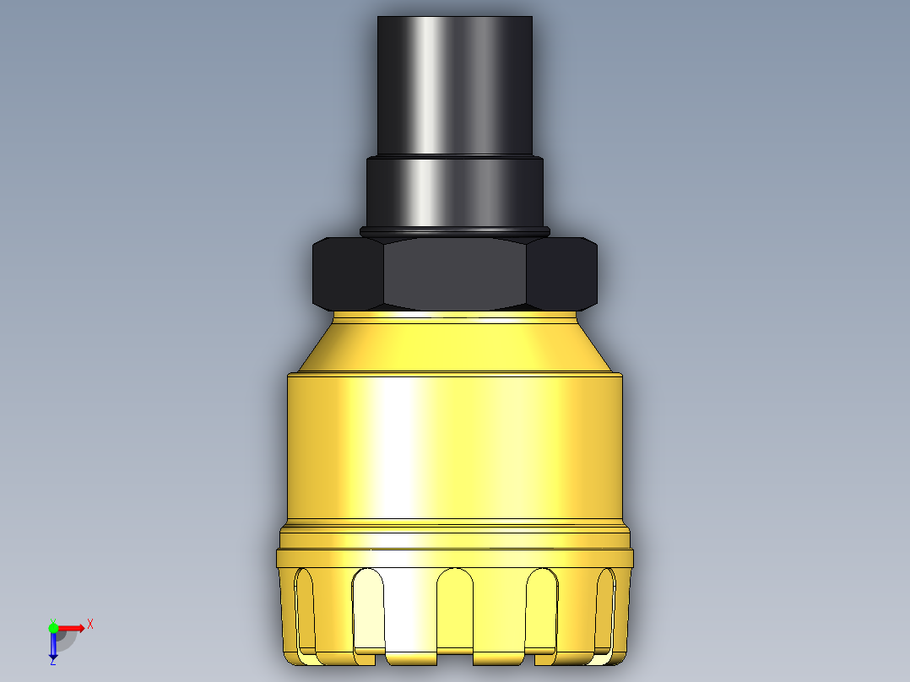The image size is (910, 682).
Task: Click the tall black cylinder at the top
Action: tap(454, 84)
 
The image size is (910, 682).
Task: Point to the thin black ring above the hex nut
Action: tap(454, 231)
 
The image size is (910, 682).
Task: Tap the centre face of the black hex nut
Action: tap(455, 273)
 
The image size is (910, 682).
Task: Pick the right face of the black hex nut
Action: tap(562, 274)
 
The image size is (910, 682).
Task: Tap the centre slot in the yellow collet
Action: tap(455, 610)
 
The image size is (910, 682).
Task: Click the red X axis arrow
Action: tap(72, 627)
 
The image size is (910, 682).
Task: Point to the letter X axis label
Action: tap(90, 625)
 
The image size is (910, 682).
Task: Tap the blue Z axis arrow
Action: tap(52, 645)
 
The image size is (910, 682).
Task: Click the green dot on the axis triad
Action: tap(53, 627)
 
